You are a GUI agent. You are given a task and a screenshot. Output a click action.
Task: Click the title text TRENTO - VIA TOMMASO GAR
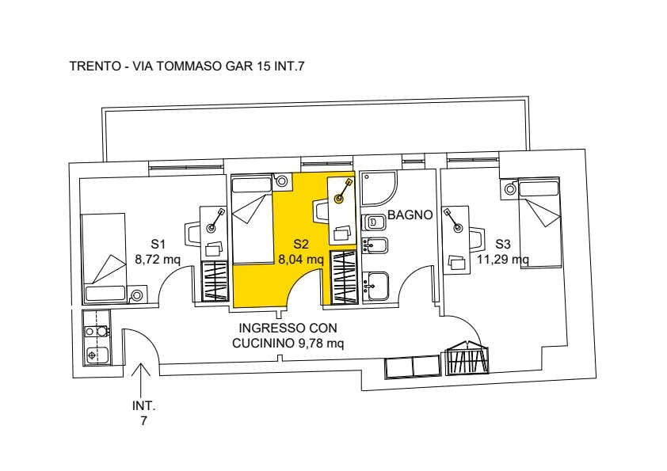click(162, 66)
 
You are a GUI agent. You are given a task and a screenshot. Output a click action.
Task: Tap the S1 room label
click(158, 245)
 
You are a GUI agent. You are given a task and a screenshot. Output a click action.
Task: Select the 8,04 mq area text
click(301, 259)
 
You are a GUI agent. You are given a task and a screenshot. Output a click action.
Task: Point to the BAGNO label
click(410, 215)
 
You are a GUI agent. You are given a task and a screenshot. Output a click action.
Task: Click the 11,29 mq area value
click(503, 259)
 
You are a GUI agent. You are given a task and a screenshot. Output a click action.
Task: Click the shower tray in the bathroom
click(378, 188)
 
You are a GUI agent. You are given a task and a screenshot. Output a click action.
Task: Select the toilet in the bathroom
click(375, 222)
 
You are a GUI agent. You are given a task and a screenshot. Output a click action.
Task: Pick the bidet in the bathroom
click(375, 245)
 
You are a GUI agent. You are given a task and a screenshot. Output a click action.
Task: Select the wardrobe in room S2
click(344, 278)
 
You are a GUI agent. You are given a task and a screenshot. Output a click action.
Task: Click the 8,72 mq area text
click(158, 259)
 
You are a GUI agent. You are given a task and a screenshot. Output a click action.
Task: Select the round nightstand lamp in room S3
click(509, 189)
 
